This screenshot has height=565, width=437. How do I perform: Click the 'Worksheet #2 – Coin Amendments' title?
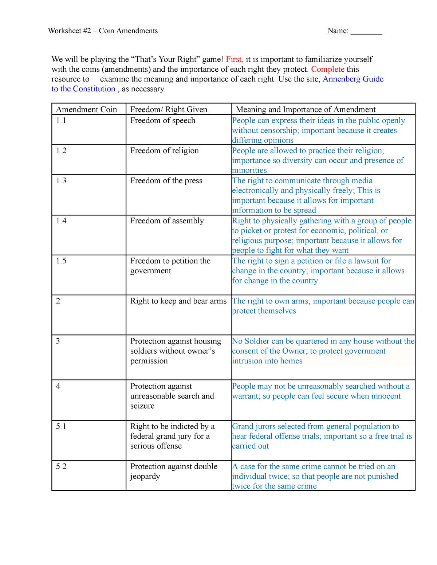[x=103, y=31]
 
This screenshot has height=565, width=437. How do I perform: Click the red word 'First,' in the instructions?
[x=235, y=59]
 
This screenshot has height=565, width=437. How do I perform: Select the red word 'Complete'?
[x=327, y=69]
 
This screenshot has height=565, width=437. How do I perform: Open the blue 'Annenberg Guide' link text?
[x=353, y=79]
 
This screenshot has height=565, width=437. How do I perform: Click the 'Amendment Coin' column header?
[x=87, y=110]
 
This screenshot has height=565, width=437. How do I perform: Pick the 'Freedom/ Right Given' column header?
[x=169, y=110]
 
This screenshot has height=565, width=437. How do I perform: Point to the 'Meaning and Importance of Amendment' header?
[x=306, y=110]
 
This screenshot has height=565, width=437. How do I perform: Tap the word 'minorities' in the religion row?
[x=249, y=170]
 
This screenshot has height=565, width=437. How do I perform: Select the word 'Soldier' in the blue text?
[x=257, y=341]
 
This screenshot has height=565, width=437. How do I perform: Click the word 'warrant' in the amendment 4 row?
[x=246, y=396]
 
